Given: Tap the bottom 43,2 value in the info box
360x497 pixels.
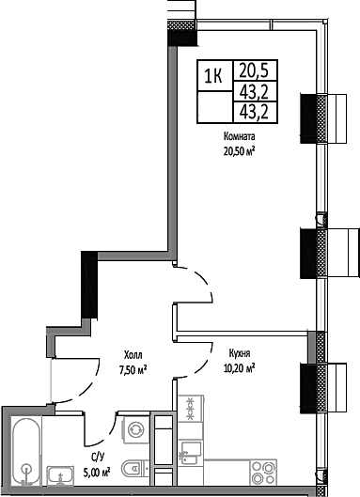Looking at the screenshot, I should click(x=249, y=112).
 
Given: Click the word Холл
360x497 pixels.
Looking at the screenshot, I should click(x=133, y=355).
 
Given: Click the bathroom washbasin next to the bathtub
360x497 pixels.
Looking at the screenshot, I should click(x=60, y=476).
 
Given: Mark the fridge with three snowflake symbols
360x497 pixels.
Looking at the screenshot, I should click(x=192, y=409).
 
